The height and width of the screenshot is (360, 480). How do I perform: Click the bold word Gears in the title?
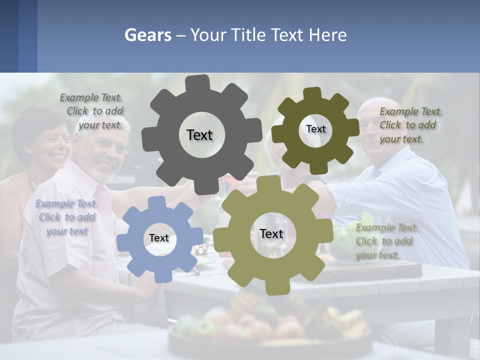point(148,35)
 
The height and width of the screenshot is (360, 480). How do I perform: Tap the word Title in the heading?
point(247,35)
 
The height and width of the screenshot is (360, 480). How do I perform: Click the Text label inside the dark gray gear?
point(199,135)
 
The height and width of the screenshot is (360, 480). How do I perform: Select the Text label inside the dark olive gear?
point(315,129)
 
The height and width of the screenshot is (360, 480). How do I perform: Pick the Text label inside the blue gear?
point(159,238)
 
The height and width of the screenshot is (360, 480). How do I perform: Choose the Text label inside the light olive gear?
point(271,234)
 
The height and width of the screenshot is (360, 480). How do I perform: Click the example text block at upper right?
point(410,125)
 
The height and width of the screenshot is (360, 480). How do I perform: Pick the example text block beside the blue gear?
point(66,217)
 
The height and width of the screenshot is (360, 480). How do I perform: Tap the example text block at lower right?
point(386,241)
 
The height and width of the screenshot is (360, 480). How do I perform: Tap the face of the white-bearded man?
point(105,150)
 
